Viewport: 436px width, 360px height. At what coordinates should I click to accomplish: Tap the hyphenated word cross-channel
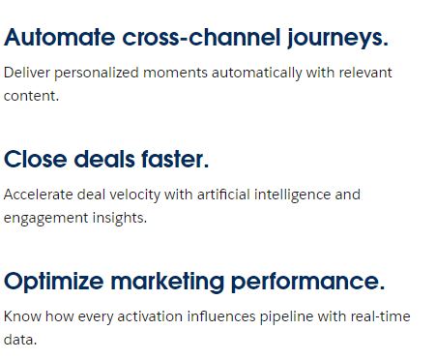pos(201,39)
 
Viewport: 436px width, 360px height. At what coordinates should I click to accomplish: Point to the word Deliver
pos(27,73)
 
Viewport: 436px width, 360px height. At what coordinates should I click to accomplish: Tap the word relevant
pos(363,73)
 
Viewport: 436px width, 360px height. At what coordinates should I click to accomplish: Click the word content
pos(31,96)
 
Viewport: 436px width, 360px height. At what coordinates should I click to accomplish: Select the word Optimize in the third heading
pos(53,282)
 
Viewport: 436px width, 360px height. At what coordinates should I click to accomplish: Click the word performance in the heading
pos(308,282)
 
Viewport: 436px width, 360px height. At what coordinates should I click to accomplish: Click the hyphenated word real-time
pos(382,316)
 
